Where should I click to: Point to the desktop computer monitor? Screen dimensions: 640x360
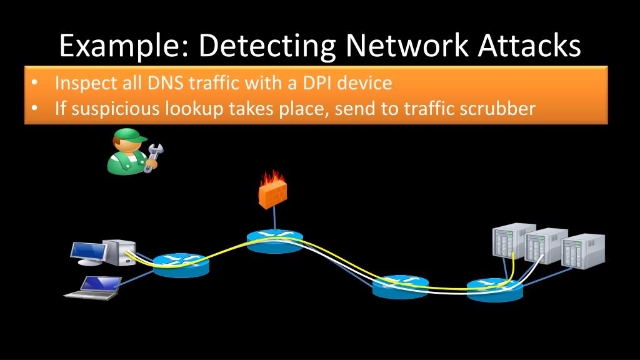click(88, 251)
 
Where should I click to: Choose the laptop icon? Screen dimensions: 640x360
click(94, 287)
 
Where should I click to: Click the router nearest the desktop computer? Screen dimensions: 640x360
click(181, 265)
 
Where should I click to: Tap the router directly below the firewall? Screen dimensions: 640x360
click(274, 241)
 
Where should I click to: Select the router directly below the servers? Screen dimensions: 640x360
click(494, 289)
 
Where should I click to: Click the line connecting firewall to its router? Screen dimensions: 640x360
click(274, 218)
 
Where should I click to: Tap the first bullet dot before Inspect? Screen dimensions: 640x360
click(35, 82)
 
